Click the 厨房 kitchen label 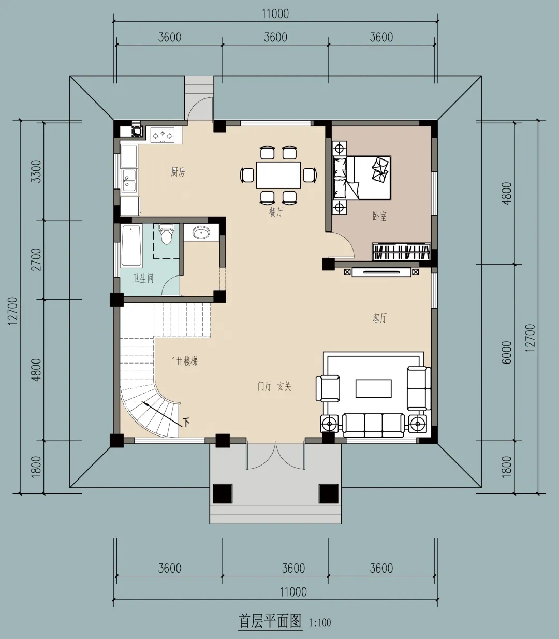(x=178, y=172)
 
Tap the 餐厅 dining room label (x=276, y=212)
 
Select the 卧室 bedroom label (x=379, y=216)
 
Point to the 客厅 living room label (x=379, y=318)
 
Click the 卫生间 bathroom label (x=143, y=278)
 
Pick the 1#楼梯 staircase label (x=185, y=361)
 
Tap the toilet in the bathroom (x=166, y=234)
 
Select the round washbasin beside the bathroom (x=201, y=233)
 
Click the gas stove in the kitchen (x=163, y=135)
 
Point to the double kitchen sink (x=129, y=180)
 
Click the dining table (x=278, y=175)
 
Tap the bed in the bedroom (x=362, y=178)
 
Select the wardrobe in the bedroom (x=401, y=252)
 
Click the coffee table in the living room (x=374, y=388)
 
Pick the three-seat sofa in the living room (x=373, y=425)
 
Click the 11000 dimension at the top (x=275, y=14)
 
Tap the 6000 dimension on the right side (x=507, y=352)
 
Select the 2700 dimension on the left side (x=36, y=259)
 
